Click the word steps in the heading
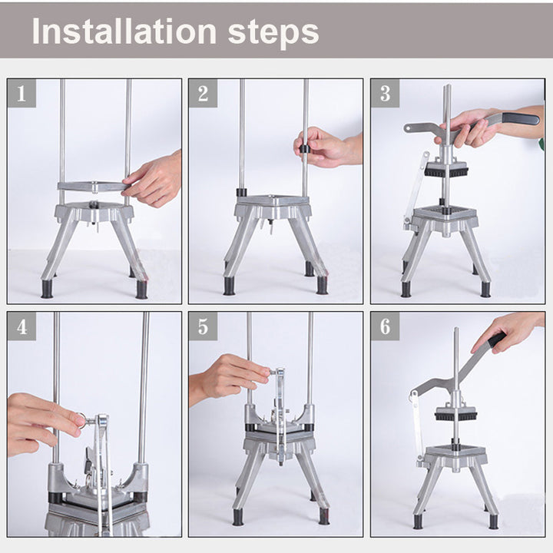coord(273,34)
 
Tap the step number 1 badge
coord(22,93)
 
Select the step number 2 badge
coord(203,93)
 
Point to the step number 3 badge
coord(385,93)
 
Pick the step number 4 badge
coord(22,326)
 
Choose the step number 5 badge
coord(203,326)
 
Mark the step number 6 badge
coord(385,326)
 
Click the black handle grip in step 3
coord(521,118)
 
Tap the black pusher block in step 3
coord(446,171)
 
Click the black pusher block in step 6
coord(457,416)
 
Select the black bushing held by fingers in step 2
coord(304,149)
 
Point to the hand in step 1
coord(152,179)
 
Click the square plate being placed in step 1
coord(94,186)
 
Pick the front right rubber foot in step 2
coord(322,285)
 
